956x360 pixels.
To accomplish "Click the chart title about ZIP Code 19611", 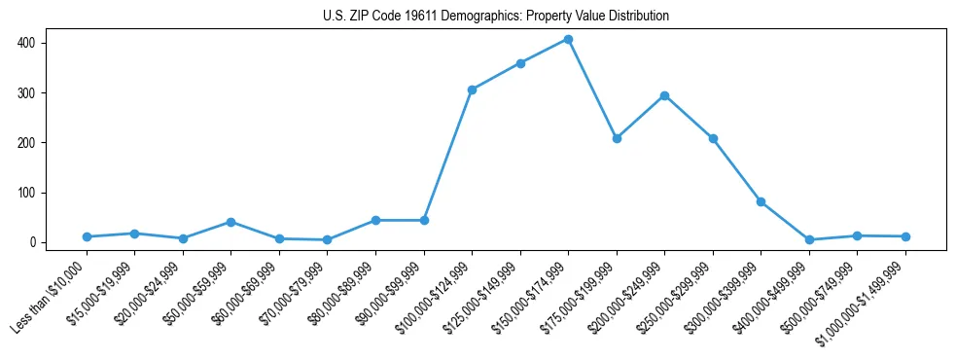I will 496,16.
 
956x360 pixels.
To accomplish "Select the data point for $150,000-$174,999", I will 568,40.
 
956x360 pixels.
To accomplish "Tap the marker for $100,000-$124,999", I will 472,90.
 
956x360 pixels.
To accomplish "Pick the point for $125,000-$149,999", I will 520,63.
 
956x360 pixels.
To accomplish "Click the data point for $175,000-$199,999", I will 617,138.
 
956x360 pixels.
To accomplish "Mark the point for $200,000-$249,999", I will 664,95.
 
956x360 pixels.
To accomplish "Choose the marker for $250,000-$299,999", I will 713,138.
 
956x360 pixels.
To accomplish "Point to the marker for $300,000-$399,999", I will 761,201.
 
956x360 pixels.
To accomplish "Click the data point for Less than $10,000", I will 87,236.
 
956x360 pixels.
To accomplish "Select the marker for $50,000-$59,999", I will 230,222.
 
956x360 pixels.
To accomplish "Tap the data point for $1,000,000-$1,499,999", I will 905,236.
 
